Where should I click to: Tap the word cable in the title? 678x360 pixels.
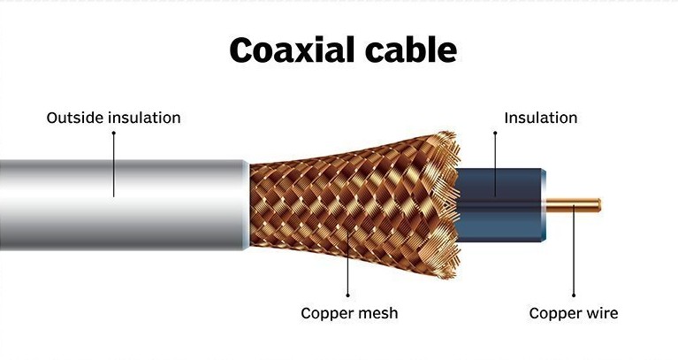411,50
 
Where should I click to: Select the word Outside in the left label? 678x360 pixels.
75,118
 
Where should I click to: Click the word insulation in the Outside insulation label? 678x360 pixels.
144,118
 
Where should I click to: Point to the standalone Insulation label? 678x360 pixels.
540,118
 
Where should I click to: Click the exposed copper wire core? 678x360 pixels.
573,205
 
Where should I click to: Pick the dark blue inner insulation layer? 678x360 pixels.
499,205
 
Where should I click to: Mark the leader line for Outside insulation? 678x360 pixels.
114,165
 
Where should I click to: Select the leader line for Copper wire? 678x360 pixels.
574,250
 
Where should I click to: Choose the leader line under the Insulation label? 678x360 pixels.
495,165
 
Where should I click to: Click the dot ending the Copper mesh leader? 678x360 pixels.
347,295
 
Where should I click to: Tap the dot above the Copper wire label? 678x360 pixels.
574,295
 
